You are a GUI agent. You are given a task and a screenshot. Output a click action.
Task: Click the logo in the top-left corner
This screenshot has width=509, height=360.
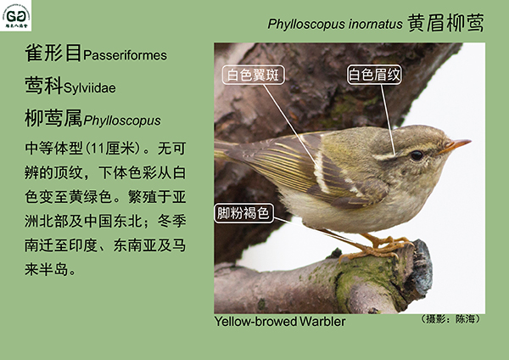click(x=15, y=15)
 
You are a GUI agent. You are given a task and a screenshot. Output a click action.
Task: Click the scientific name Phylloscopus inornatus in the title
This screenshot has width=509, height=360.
click(x=335, y=25)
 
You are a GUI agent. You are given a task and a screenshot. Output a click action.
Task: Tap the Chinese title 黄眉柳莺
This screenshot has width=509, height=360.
click(x=445, y=23)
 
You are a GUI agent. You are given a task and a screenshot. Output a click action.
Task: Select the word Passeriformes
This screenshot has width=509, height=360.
click(x=125, y=55)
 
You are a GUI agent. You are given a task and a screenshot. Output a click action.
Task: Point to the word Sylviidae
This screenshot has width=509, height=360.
click(x=90, y=88)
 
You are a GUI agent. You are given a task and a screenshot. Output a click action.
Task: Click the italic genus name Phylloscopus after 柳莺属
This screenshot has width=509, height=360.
click(x=122, y=121)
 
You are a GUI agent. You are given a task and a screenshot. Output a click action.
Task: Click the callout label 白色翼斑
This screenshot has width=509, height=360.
click(x=253, y=75)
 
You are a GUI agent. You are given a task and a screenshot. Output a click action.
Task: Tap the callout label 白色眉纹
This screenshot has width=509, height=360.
click(x=374, y=75)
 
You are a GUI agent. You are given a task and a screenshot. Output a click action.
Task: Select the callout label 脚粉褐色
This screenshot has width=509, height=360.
click(x=243, y=213)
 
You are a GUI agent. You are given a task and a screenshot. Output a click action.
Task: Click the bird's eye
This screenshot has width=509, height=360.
click(x=417, y=155)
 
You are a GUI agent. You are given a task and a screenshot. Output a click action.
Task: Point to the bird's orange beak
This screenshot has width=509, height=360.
click(x=455, y=145)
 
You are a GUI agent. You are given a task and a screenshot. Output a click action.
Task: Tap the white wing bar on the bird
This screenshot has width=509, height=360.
click(x=321, y=172)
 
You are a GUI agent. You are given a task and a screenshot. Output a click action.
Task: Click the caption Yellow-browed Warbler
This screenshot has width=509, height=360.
click(x=280, y=322)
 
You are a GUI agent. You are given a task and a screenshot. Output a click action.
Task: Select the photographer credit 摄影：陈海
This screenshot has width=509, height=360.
click(x=450, y=319)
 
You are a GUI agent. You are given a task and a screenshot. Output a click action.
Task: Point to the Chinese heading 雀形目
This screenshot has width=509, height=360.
click(x=53, y=53)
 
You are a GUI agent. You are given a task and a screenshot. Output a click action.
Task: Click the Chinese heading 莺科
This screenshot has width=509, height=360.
click(x=44, y=86)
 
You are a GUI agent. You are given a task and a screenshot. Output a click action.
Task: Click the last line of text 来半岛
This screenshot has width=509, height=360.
click(x=51, y=270)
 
